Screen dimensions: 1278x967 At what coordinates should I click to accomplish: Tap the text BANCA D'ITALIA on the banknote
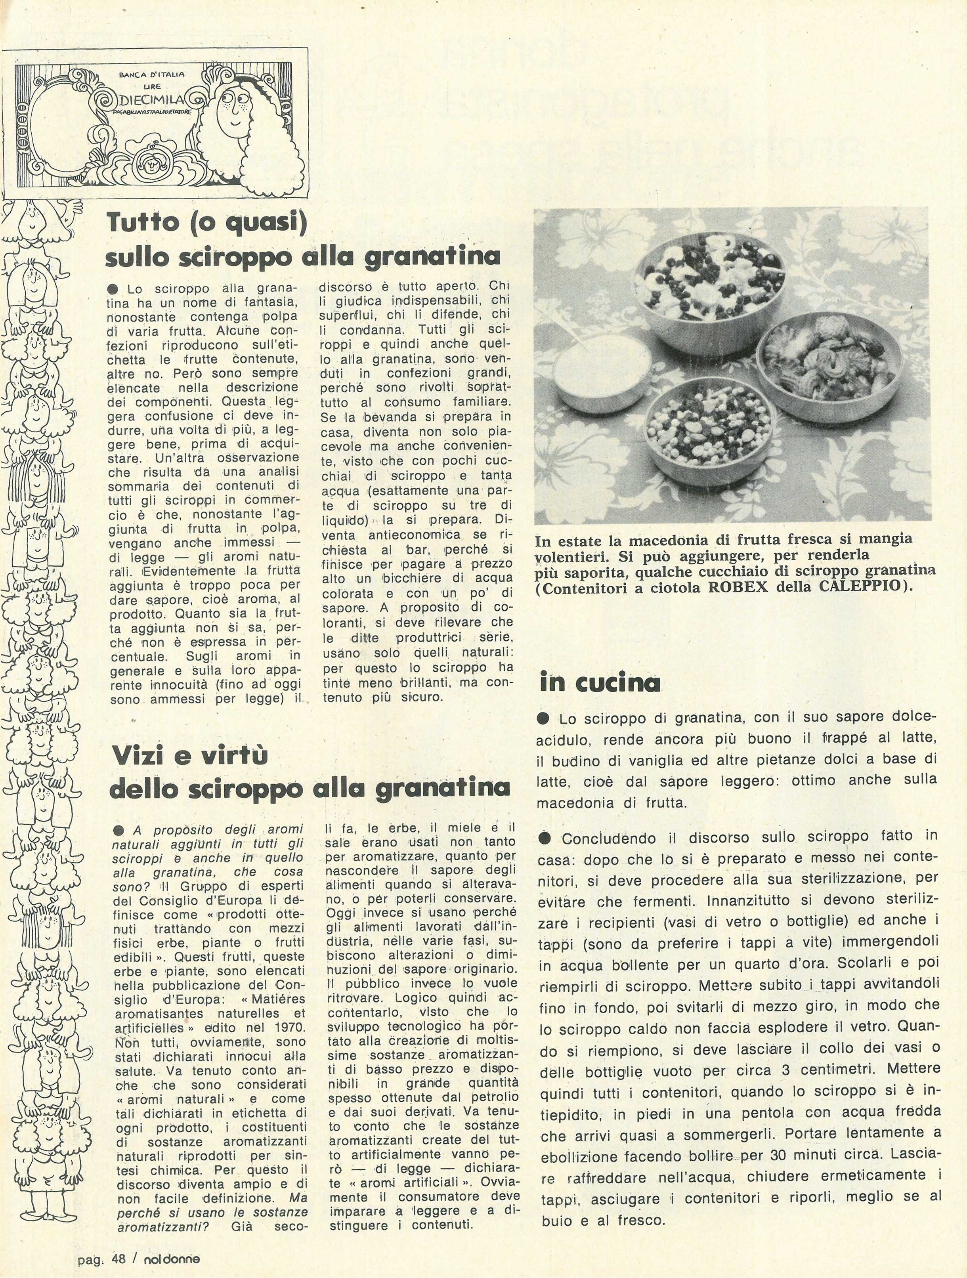point(151,74)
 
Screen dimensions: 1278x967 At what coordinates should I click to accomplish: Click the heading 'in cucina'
point(599,682)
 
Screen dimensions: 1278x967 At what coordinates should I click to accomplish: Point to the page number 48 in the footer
point(118,1255)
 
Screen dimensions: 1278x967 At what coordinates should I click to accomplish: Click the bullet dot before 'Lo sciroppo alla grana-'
point(113,288)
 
